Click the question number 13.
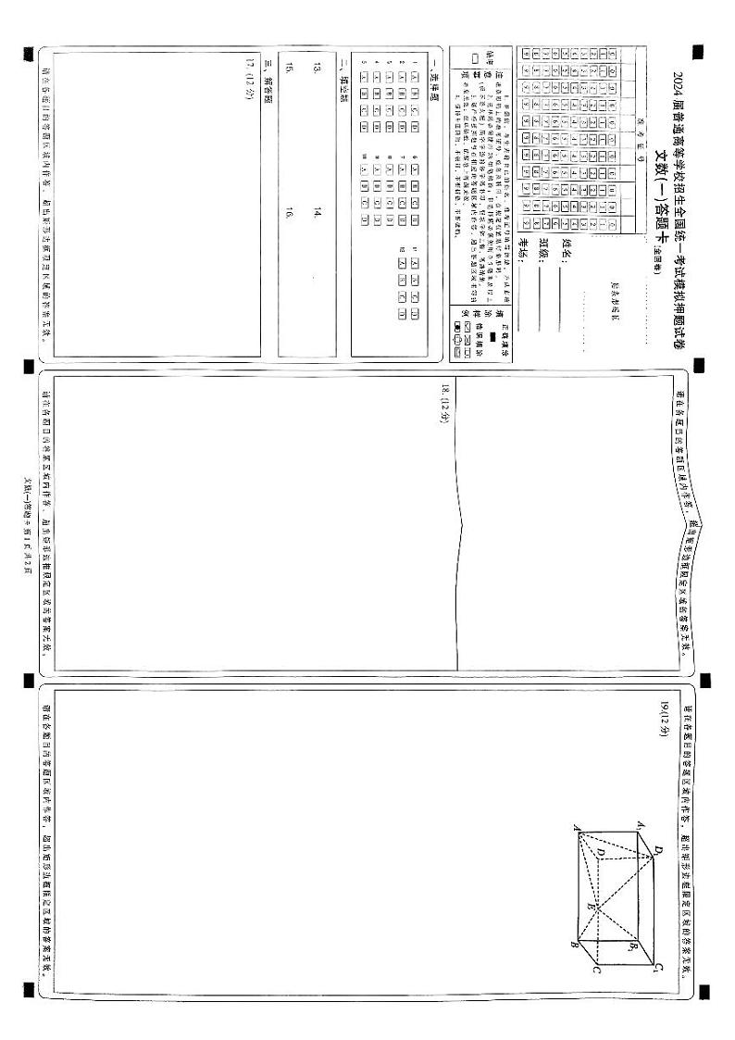318,68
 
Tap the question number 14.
318,212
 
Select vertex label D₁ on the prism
658,849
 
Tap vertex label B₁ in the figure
633,947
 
